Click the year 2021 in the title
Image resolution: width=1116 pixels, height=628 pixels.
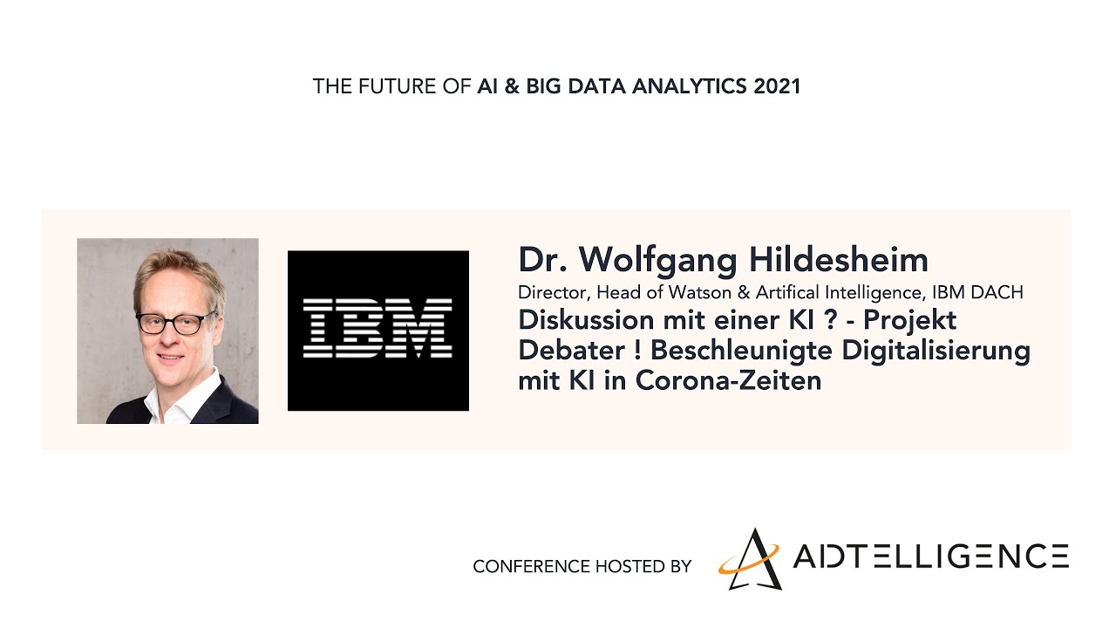click(777, 86)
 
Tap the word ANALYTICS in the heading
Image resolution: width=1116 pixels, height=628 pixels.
click(690, 86)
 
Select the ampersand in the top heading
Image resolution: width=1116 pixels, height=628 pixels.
click(512, 86)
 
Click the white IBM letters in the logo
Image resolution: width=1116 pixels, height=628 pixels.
click(378, 328)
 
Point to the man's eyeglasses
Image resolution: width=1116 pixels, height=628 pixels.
click(176, 323)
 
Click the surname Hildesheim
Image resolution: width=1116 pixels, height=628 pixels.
click(839, 260)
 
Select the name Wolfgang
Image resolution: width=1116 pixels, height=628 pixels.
click(657, 261)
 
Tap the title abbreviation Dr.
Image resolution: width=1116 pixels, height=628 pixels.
click(542, 260)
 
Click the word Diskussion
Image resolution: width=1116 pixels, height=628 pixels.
click(586, 320)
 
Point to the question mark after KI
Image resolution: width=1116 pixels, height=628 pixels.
click(831, 320)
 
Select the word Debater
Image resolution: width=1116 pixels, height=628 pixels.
click(572, 351)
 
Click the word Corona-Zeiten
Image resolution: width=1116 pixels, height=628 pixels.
click(728, 381)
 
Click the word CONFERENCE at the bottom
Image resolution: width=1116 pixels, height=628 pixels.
click(531, 567)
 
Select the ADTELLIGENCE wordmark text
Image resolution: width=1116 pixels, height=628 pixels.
click(930, 556)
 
